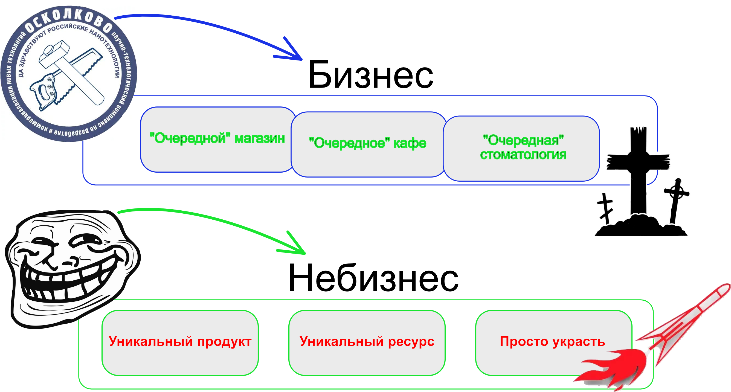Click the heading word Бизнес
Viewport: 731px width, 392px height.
(x=371, y=76)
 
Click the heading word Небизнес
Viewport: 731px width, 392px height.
(x=373, y=278)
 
